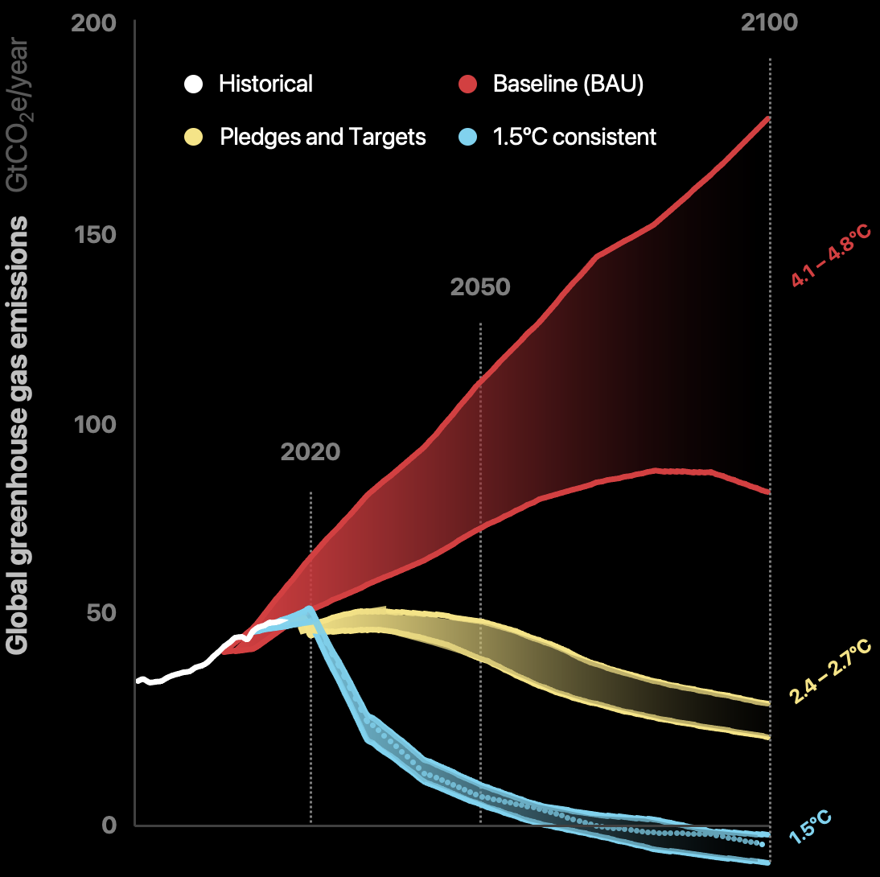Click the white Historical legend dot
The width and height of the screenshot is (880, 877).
coord(193,84)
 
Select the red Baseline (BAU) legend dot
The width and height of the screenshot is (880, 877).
coord(468,84)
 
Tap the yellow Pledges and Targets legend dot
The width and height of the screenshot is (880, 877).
coord(193,137)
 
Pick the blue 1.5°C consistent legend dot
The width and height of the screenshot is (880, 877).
coord(468,137)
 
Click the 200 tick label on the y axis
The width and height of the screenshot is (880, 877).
coord(94,23)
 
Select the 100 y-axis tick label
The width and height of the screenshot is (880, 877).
coord(95,424)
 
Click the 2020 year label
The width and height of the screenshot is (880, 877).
coord(310,451)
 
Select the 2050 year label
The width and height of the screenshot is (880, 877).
coord(480,286)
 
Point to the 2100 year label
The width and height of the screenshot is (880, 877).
coord(769,23)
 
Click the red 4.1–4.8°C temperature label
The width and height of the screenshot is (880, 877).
coord(831,256)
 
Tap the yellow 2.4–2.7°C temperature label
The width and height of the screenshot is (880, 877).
coord(831,673)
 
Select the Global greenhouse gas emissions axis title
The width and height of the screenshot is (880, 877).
coord(19,434)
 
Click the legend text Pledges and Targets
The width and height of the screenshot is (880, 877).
coord(323,137)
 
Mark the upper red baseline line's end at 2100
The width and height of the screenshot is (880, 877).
coord(770,118)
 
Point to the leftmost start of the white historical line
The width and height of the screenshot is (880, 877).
coord(138,681)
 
